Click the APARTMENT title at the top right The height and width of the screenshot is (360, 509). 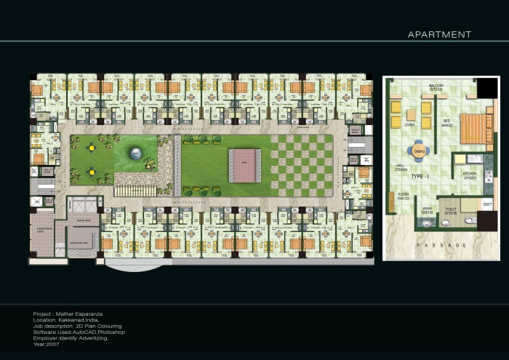439,34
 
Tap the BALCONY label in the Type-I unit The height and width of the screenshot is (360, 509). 436,85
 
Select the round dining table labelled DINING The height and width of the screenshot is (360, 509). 419,151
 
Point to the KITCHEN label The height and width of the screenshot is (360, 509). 470,175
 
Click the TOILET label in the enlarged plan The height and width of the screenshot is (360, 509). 451,208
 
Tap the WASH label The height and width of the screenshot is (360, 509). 428,208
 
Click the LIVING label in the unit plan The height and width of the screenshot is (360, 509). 409,125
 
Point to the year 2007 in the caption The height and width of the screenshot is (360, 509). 54,343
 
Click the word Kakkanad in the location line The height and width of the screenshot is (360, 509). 70,320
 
